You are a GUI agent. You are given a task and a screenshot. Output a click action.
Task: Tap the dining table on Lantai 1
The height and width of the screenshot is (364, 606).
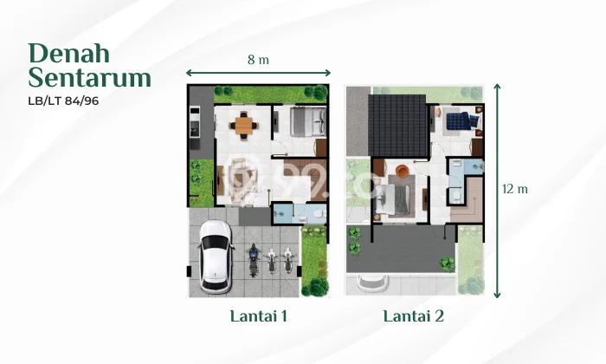[x=245, y=125]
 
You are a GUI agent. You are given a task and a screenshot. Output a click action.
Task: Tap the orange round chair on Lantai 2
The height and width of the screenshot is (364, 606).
[x=401, y=169]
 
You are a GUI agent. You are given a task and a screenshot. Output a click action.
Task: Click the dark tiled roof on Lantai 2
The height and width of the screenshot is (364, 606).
[x=397, y=125]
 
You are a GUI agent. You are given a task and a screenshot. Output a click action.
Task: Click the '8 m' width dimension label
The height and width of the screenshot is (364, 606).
[x=258, y=61]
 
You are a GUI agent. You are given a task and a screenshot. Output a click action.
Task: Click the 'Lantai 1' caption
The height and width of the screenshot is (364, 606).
[x=259, y=316]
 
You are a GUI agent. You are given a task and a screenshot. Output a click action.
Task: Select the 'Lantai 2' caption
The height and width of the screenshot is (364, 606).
[x=414, y=316]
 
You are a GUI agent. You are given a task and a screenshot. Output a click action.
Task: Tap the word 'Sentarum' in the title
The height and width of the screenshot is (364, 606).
[x=89, y=78]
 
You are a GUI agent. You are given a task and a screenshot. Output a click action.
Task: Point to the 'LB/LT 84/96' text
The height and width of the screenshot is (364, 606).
[x=68, y=101]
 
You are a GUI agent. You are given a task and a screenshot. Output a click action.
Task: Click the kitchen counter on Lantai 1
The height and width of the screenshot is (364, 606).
[x=195, y=126]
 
